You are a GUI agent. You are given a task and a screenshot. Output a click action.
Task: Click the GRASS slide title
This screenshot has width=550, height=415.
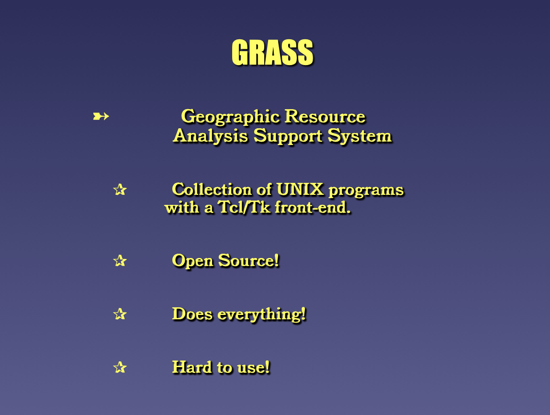pos(272,52)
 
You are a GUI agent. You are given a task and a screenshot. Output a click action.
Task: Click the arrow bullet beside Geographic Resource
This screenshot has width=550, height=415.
pos(101,116)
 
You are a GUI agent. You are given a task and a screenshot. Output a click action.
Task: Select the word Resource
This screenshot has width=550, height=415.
pos(325,116)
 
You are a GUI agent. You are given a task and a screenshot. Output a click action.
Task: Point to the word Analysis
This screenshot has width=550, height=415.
pos(211,136)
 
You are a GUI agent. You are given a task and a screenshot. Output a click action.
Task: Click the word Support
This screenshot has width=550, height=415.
pos(288,136)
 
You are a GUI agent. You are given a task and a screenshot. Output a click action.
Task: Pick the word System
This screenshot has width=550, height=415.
pos(360,136)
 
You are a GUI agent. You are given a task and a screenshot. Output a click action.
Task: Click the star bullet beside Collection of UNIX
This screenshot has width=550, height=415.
pos(120,190)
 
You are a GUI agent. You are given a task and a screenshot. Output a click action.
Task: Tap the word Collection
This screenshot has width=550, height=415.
pos(212,190)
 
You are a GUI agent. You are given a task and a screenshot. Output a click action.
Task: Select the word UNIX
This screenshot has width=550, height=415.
pos(300,190)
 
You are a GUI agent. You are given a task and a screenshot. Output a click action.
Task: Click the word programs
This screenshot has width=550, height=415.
pos(366,191)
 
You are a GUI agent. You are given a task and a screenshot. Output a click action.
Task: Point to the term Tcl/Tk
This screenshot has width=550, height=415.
pos(244,207)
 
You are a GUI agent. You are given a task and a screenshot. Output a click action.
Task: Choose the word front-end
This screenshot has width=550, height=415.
pos(313,208)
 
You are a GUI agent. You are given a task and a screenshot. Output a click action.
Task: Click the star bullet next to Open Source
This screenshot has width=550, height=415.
pos(120,261)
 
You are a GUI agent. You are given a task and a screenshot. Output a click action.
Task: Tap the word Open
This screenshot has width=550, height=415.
pos(192,261)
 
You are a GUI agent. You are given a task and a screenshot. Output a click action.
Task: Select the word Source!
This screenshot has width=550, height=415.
pos(249,261)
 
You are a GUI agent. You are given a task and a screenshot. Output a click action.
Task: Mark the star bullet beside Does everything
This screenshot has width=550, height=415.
pos(120,314)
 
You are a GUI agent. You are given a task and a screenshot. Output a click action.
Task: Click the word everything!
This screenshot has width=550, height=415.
pos(262,314)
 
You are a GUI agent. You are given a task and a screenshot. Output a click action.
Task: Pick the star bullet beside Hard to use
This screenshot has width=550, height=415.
pos(120,367)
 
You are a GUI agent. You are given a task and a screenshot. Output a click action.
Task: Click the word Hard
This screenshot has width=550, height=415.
pos(192,367)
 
